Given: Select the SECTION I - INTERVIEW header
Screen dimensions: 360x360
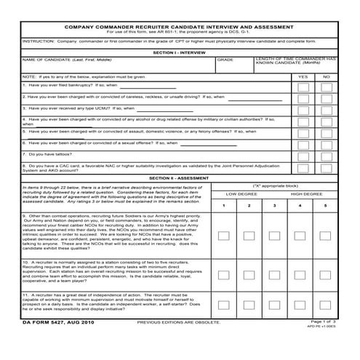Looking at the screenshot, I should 180,52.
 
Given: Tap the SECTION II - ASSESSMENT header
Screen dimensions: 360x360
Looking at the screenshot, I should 180,177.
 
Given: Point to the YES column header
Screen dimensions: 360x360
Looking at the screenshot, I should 303,76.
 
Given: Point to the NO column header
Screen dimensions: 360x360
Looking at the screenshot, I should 327,76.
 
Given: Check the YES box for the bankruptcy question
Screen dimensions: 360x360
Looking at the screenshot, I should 303,87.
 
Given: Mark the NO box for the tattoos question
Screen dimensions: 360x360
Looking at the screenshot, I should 327,155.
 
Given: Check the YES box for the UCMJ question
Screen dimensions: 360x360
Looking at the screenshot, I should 303,109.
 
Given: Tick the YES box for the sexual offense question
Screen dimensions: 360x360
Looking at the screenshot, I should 303,143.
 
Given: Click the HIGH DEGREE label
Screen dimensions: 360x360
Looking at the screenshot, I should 307,194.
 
